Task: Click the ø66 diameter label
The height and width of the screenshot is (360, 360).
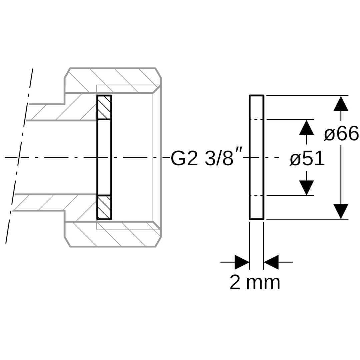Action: click(341, 134)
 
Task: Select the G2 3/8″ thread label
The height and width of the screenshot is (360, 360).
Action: click(206, 158)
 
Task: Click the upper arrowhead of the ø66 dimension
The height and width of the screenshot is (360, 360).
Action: click(341, 103)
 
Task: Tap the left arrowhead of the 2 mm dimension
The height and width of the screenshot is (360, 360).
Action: click(242, 262)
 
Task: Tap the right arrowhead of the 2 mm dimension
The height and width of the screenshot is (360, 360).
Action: click(271, 262)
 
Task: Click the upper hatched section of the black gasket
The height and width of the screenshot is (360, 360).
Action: click(104, 107)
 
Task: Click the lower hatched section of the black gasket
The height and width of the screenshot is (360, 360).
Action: click(104, 207)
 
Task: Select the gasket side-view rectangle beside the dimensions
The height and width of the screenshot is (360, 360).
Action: click(256, 157)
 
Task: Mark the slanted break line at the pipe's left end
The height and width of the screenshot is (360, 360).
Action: click(19, 156)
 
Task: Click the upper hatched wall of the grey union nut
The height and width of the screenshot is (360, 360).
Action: click(113, 80)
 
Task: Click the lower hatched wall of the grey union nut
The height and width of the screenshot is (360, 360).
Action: click(113, 234)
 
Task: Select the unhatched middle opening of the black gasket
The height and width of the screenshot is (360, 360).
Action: click(104, 157)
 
